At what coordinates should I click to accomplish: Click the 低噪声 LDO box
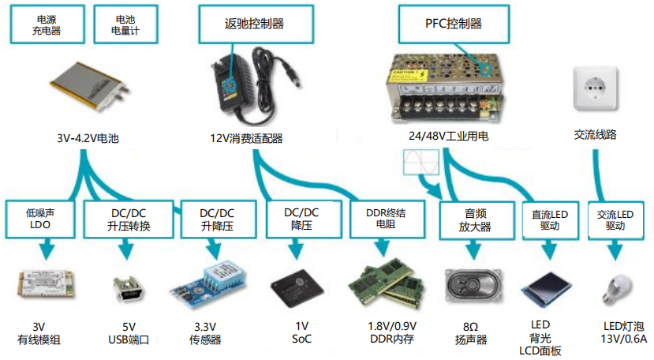pos(39,219)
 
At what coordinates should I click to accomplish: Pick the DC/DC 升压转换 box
pos(128,219)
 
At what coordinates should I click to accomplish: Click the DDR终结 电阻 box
pos(385,219)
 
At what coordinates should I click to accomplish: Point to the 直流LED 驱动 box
pos(549,219)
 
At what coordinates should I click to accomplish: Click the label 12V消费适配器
pos(246,138)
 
